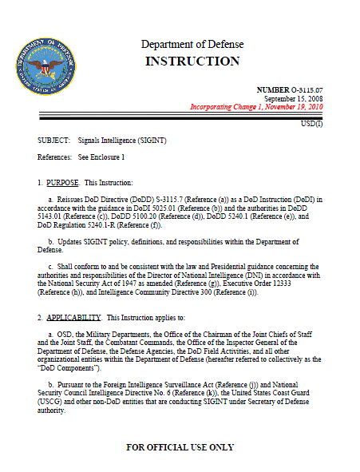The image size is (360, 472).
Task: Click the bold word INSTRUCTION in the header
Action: click(x=192, y=61)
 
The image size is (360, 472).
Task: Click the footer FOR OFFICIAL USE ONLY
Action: click(x=180, y=447)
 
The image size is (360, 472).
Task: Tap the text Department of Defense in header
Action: click(x=192, y=44)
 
